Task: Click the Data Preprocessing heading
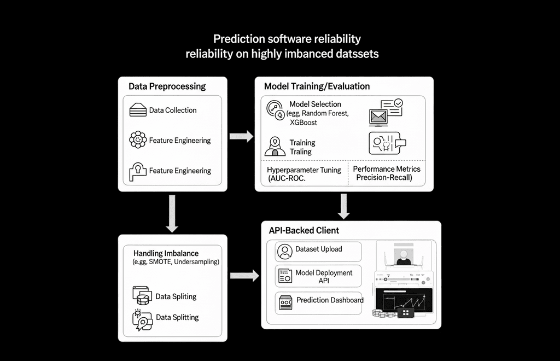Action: click(x=167, y=86)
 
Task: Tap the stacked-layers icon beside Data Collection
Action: click(x=138, y=110)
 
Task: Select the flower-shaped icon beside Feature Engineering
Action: click(x=138, y=140)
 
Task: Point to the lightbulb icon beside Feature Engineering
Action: click(x=137, y=171)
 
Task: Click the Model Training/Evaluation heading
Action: click(x=317, y=86)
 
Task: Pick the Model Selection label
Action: click(x=315, y=104)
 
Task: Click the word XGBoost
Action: click(x=303, y=123)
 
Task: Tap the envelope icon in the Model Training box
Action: click(x=378, y=117)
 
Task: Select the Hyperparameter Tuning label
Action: click(x=304, y=170)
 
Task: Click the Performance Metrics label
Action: click(x=387, y=169)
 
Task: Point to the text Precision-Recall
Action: click(x=384, y=178)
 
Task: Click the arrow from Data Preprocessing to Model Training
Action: click(x=241, y=136)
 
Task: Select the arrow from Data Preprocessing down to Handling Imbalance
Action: click(x=172, y=213)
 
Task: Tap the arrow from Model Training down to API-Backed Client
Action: click(x=343, y=206)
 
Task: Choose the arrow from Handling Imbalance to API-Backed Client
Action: click(x=244, y=276)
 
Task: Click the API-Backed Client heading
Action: click(x=304, y=230)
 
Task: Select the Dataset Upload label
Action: click(x=318, y=249)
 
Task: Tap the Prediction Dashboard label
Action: click(x=330, y=300)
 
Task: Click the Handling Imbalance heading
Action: click(x=166, y=253)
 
